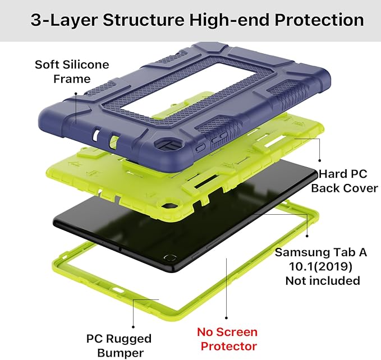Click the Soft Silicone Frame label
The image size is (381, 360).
[x=71, y=71]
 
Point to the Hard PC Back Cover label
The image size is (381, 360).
[x=345, y=181]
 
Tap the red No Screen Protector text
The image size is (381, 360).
[x=228, y=339]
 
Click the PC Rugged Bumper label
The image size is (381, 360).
[x=118, y=345]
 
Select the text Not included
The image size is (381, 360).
[x=322, y=280]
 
